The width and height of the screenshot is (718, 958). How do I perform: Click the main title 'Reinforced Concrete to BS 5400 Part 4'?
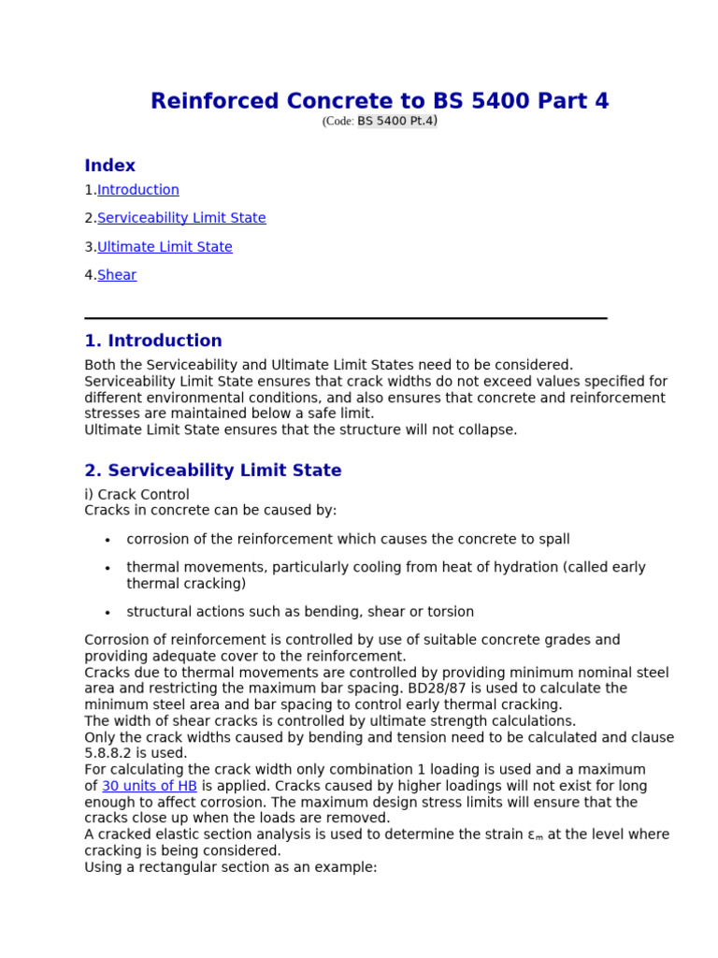click(380, 101)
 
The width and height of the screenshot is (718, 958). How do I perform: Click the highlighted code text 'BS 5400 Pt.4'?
click(395, 121)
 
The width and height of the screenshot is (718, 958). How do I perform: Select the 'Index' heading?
click(109, 166)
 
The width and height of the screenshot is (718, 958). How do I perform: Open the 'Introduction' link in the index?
click(137, 190)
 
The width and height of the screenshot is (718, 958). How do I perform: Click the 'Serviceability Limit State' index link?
click(181, 218)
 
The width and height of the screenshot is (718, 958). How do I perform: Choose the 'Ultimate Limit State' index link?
click(165, 247)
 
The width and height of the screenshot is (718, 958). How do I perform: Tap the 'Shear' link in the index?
click(117, 275)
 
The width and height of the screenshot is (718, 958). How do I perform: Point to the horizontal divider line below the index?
click(346, 318)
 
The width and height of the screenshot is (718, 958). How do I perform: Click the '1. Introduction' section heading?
click(153, 341)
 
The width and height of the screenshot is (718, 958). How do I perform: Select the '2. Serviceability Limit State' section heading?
click(213, 471)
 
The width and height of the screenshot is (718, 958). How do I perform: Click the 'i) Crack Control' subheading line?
click(136, 494)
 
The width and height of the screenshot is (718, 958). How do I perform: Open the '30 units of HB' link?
click(150, 786)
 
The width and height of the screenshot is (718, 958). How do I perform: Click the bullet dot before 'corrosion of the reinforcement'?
click(108, 540)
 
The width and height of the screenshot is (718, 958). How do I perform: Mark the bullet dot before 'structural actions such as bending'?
click(108, 613)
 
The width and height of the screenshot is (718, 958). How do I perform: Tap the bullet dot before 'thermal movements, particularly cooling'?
click(108, 568)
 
